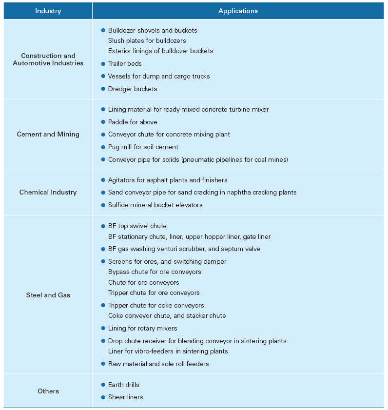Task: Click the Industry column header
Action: pyautogui.click(x=48, y=11)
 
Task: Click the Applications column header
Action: pyautogui.click(x=238, y=11)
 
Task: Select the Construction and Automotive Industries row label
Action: pyautogui.click(x=48, y=59)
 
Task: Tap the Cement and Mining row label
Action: pyautogui.click(x=48, y=134)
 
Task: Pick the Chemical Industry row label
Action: pyautogui.click(x=48, y=192)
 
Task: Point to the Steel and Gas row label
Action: pyautogui.click(x=48, y=295)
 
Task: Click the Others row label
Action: pyautogui.click(x=48, y=391)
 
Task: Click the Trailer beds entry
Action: pyautogui.click(x=125, y=63)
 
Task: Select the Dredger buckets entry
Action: pyautogui.click(x=133, y=89)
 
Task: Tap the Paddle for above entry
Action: pyautogui.click(x=133, y=122)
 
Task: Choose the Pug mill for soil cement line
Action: pyautogui.click(x=143, y=147)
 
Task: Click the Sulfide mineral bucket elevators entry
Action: pyautogui.click(x=155, y=205)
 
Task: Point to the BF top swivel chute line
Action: pyautogui.click(x=137, y=226)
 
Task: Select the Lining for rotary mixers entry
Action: pyautogui.click(x=142, y=328)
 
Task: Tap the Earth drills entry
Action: pyautogui.click(x=123, y=385)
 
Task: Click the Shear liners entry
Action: pyautogui.click(x=125, y=397)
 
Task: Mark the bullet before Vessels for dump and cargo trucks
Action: pyautogui.click(x=103, y=76)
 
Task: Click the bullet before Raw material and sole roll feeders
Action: pyautogui.click(x=103, y=364)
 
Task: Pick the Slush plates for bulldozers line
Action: pyautogui.click(x=147, y=40)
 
